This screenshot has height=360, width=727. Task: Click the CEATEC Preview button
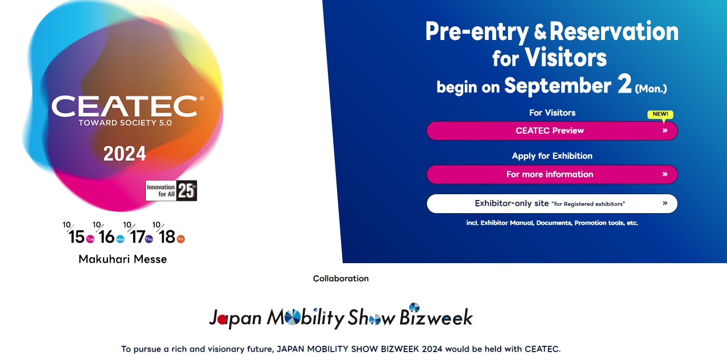(552, 131)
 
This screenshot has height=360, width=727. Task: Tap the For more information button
(552, 174)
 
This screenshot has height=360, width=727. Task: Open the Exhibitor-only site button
(552, 204)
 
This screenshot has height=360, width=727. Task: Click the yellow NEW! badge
(660, 114)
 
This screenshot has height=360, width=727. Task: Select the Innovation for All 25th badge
(171, 191)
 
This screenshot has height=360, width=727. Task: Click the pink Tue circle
(90, 239)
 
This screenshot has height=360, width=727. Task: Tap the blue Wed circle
(120, 239)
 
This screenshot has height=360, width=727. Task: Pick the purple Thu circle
(148, 239)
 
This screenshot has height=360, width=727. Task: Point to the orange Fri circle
(181, 239)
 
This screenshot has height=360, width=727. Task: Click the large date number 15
(76, 237)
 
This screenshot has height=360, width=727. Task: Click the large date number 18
(167, 237)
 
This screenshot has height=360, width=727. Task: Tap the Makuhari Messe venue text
(123, 259)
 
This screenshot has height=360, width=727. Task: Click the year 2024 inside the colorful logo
(125, 154)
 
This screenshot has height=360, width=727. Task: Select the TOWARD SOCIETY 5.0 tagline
(125, 123)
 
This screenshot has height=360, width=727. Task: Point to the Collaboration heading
(341, 278)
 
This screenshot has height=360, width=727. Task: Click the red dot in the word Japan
(222, 320)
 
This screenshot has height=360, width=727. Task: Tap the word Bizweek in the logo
(436, 317)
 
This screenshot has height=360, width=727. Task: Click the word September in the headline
(557, 86)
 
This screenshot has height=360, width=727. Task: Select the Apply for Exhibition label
(552, 156)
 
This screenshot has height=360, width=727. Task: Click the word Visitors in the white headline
(566, 57)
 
